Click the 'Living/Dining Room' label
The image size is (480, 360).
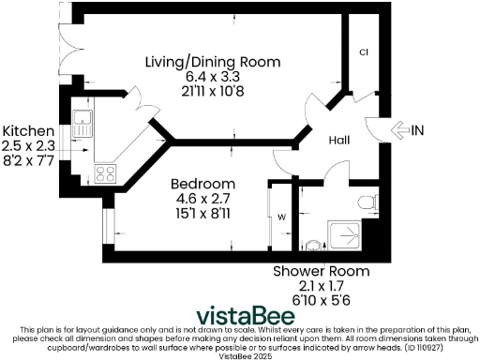pyautogui.click(x=212, y=62)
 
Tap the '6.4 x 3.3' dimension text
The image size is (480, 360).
pyautogui.click(x=212, y=77)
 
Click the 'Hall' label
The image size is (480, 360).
pyautogui.click(x=339, y=140)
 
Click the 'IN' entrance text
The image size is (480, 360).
pyautogui.click(x=419, y=130)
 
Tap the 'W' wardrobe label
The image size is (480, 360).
pyautogui.click(x=280, y=217)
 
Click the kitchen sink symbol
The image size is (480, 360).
pyautogui.click(x=82, y=122)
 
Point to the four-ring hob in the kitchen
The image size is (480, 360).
pyautogui.click(x=104, y=172)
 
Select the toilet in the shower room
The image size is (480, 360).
pyautogui.click(x=367, y=202)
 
